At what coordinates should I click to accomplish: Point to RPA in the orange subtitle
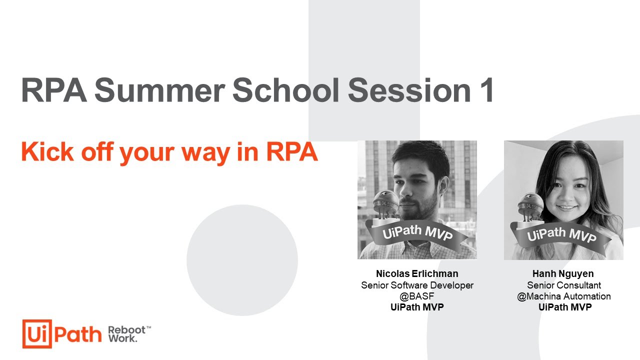(291, 152)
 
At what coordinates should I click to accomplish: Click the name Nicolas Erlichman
(417, 273)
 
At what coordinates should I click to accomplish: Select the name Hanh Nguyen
(563, 273)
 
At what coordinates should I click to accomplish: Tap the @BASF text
(417, 296)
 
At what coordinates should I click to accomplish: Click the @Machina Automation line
(563, 296)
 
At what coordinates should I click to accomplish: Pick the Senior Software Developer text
(417, 285)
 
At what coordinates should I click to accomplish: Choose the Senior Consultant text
(563, 285)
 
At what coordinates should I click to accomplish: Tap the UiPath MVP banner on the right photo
(561, 233)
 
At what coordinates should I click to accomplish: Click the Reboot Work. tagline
(128, 334)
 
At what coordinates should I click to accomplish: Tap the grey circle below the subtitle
(242, 260)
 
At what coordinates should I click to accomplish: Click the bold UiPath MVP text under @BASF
(417, 307)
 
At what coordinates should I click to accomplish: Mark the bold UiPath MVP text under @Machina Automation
(564, 307)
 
